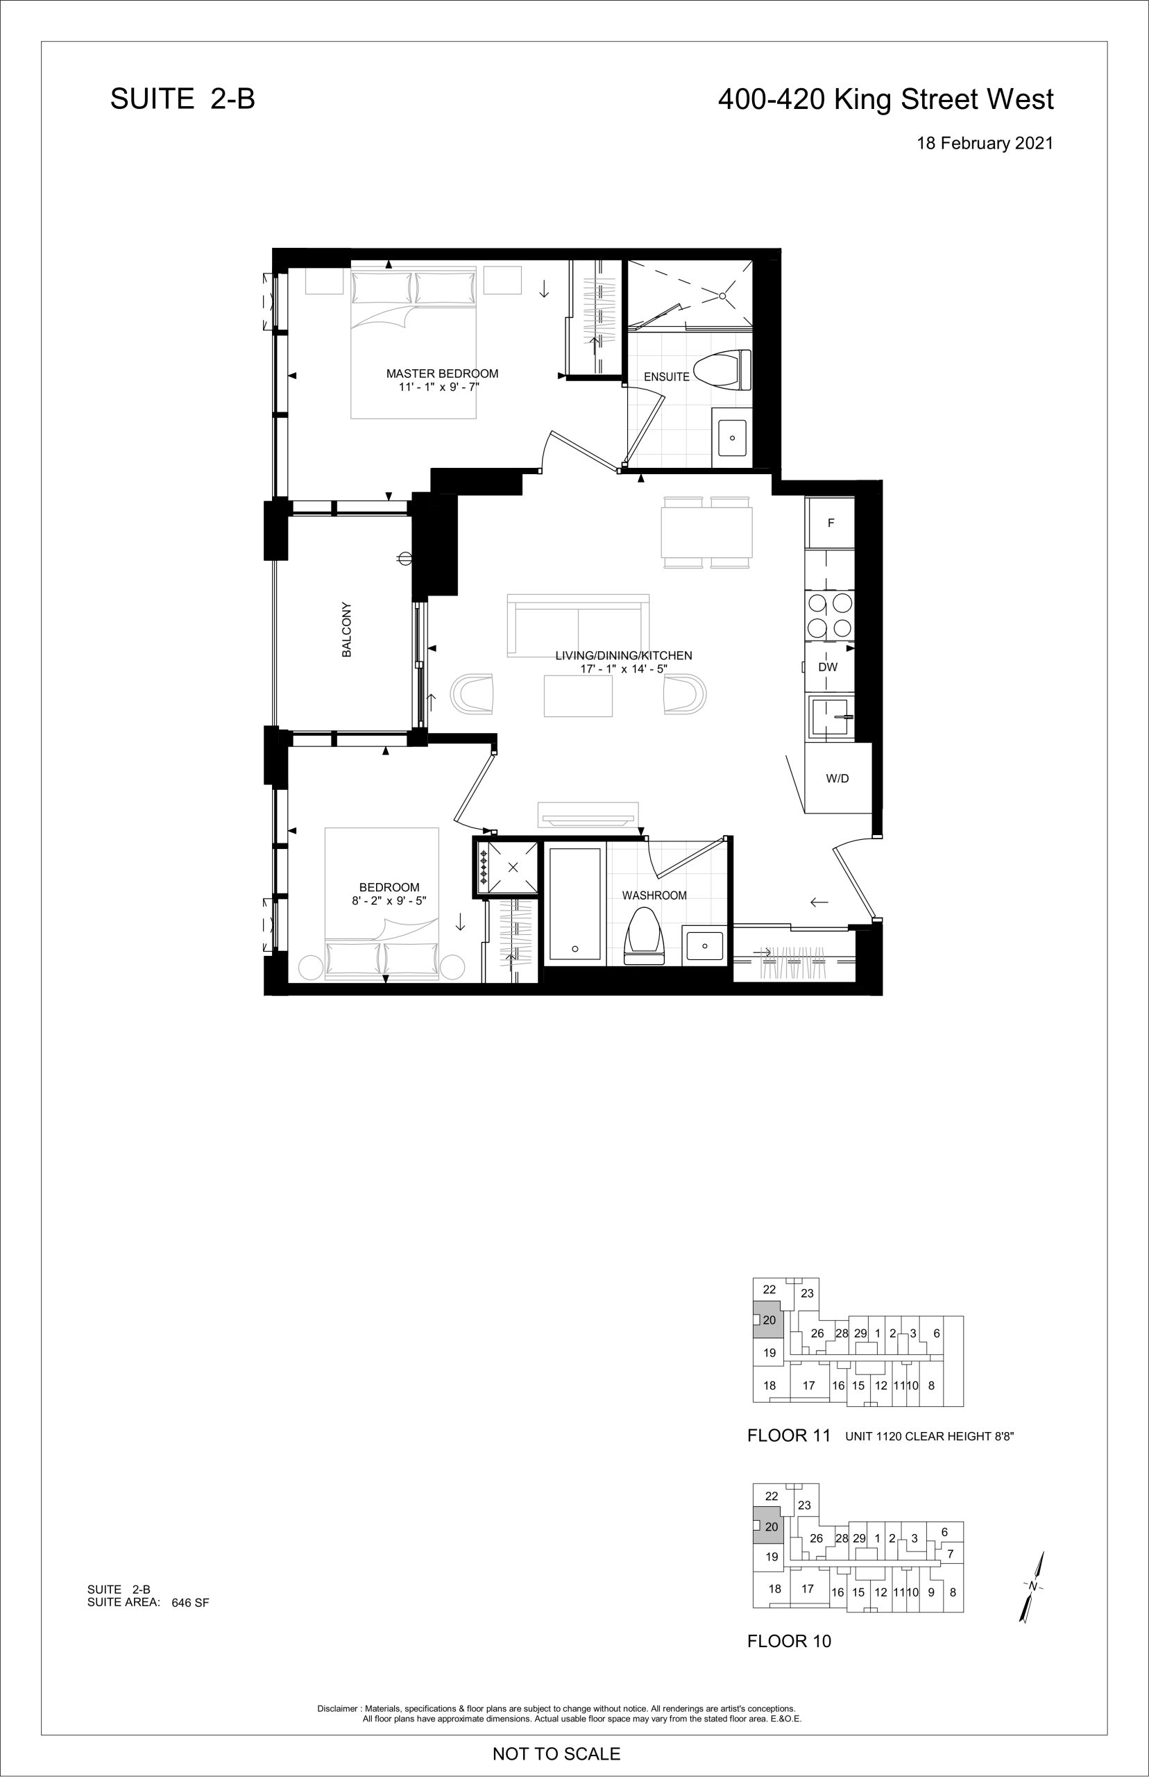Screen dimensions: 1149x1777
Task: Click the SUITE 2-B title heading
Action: (182, 99)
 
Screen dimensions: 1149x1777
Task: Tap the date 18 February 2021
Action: (985, 143)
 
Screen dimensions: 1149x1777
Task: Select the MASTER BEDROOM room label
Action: (442, 374)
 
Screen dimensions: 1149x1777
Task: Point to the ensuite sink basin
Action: (732, 438)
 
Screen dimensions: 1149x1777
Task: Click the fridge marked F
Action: (831, 523)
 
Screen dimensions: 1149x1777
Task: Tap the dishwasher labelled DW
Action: (828, 667)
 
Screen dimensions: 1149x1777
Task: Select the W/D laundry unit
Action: (838, 778)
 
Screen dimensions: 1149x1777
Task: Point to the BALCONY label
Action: (346, 630)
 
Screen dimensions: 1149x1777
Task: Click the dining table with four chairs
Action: (706, 532)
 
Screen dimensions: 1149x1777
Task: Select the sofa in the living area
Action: (577, 625)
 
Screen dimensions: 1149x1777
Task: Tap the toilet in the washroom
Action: (644, 935)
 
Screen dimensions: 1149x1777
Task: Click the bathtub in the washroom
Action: (574, 903)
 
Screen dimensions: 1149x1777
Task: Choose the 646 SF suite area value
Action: (190, 1602)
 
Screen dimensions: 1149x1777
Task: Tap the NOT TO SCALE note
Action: (556, 1753)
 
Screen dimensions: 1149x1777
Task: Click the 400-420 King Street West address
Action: (885, 99)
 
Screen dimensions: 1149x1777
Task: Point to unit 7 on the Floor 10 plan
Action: (950, 1554)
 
